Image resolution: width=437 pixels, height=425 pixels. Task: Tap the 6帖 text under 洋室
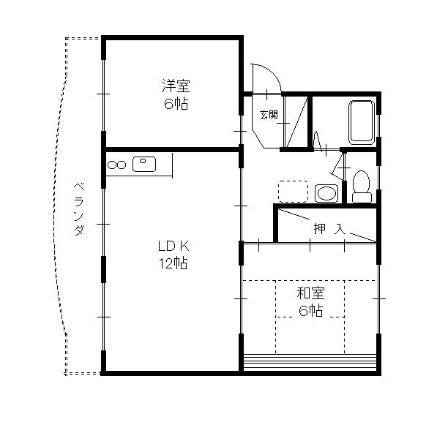click(175, 103)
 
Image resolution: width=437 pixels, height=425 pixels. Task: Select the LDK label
click(173, 247)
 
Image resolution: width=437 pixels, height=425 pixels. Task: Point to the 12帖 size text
click(173, 263)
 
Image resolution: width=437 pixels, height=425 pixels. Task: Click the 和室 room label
click(310, 294)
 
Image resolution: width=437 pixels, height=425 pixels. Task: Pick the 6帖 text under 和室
click(310, 311)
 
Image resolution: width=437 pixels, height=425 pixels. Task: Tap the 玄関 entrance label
click(268, 115)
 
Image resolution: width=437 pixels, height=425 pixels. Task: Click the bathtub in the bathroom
click(362, 122)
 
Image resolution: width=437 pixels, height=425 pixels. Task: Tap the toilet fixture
click(360, 186)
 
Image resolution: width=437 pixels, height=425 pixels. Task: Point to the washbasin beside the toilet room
click(326, 193)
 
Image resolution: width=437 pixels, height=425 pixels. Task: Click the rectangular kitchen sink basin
click(143, 164)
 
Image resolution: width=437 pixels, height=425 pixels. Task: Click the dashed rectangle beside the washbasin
click(293, 190)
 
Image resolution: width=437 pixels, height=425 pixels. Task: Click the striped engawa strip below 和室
click(310, 361)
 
